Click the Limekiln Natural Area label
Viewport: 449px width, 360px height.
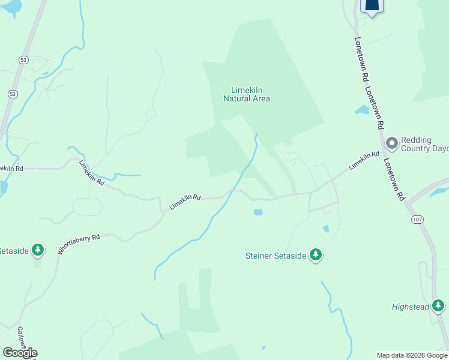click(x=246, y=94)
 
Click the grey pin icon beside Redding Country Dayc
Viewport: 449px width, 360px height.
click(x=392, y=143)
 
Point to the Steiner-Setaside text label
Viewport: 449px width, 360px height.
click(x=276, y=256)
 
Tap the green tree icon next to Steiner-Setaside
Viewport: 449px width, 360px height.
click(x=316, y=256)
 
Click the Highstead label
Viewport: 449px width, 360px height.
click(x=411, y=307)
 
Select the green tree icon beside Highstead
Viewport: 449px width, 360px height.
click(x=438, y=307)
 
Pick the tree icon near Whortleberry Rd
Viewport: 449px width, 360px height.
click(x=38, y=250)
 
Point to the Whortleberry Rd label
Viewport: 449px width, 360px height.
click(x=78, y=245)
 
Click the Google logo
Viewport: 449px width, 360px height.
click(x=20, y=353)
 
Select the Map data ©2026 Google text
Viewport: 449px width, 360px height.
click(x=412, y=355)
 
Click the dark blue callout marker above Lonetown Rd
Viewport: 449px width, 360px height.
click(x=372, y=6)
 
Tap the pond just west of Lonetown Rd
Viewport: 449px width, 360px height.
click(x=362, y=110)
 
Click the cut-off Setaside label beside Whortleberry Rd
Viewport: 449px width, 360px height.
click(x=13, y=251)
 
